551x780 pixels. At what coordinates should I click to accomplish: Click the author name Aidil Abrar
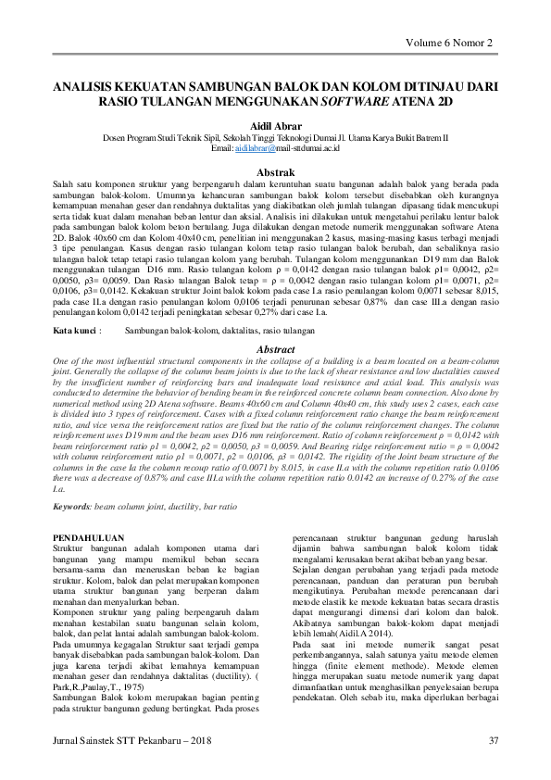coord(275,124)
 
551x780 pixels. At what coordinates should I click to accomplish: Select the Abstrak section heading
coord(275,173)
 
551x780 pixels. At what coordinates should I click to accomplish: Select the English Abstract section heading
coord(275,350)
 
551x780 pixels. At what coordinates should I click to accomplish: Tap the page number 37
coord(493,739)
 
